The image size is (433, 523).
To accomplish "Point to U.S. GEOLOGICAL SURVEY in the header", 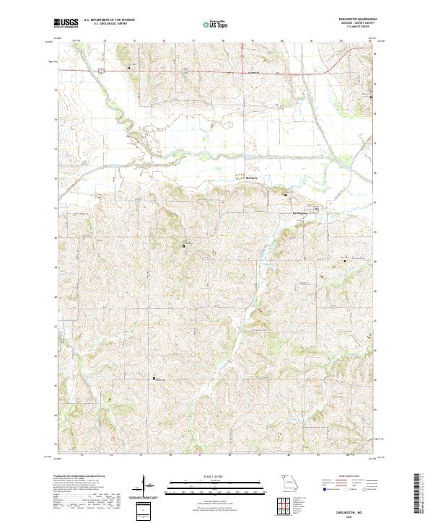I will [105, 24].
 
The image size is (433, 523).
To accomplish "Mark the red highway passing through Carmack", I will [216, 71].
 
